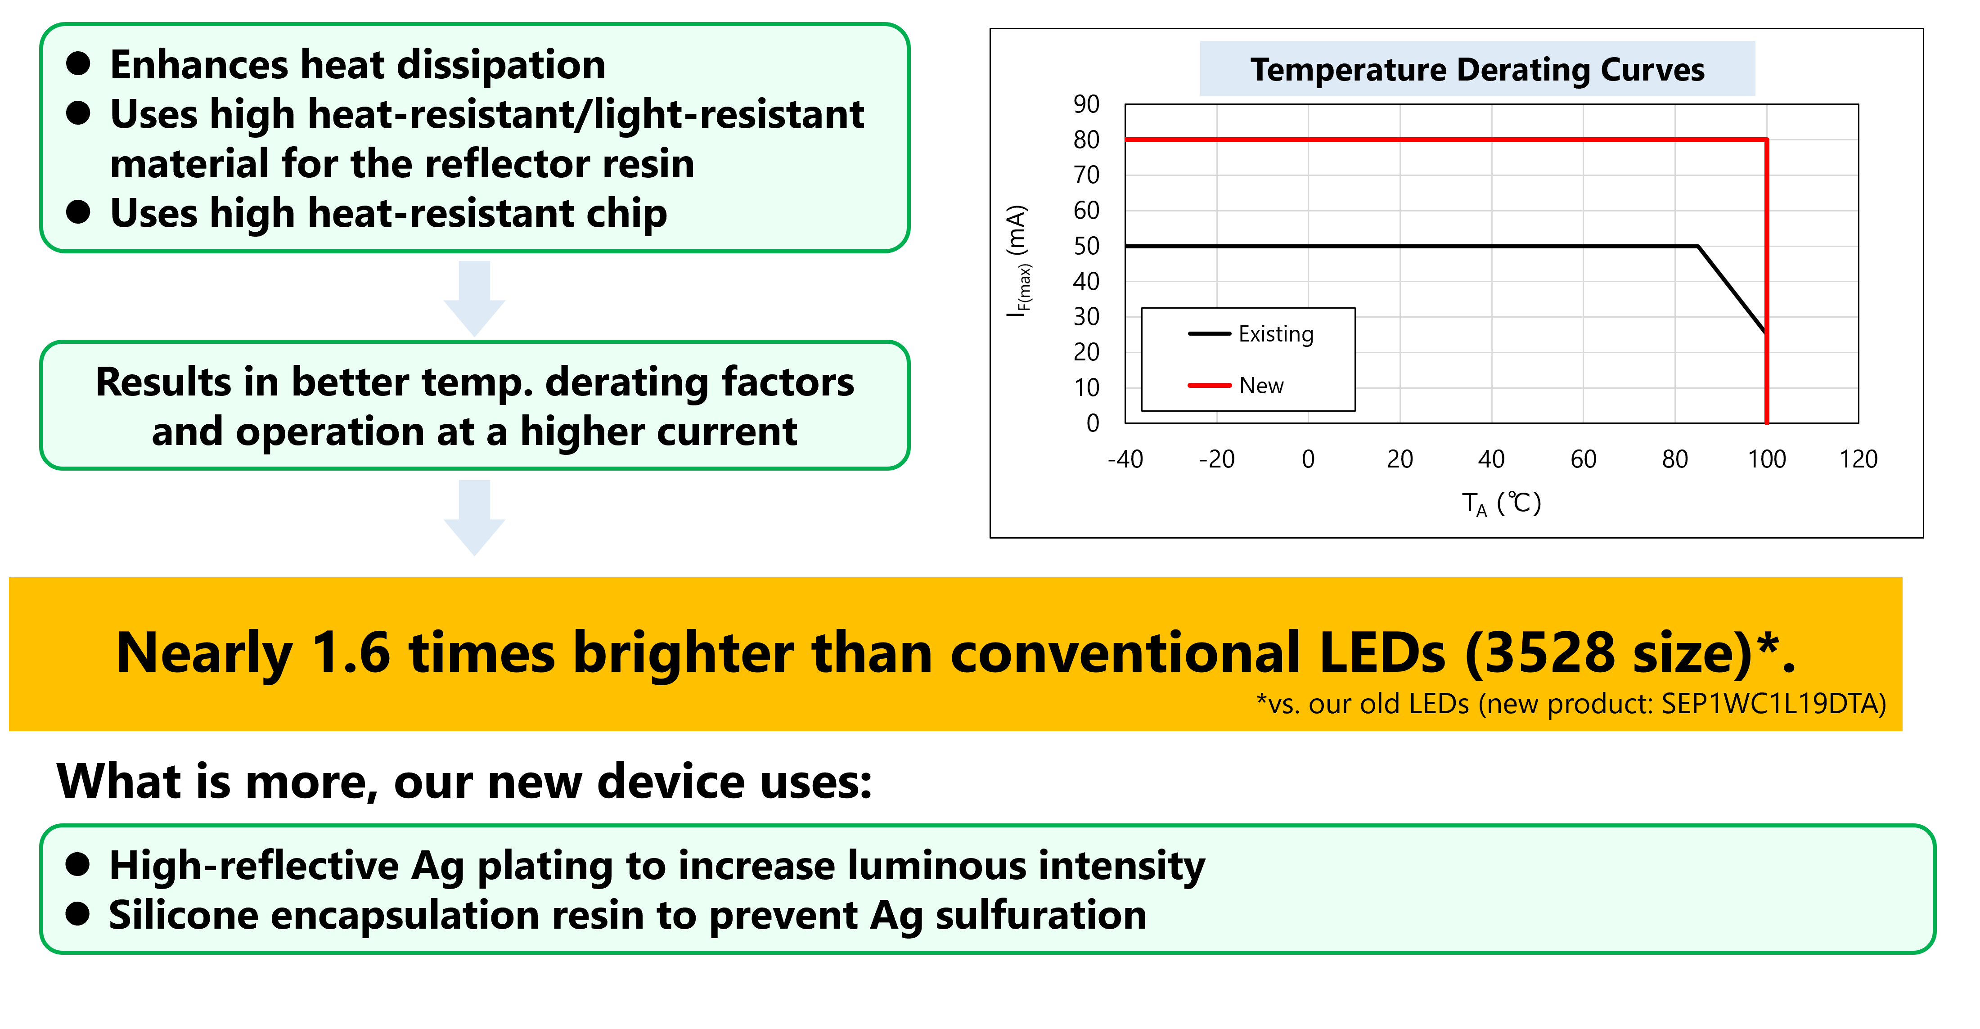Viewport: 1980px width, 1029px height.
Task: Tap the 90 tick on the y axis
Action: point(1086,104)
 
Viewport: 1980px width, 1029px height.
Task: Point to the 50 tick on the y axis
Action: point(1086,246)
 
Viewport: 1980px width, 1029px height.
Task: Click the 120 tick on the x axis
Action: point(1858,459)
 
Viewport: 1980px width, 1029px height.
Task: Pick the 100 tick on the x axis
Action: point(1766,459)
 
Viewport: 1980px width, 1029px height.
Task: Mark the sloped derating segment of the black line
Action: point(1732,289)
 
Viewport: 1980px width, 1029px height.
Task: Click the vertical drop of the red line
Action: point(1766,281)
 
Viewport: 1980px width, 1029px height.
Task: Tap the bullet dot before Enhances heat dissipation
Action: point(78,64)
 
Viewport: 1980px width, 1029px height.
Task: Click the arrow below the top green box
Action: point(474,298)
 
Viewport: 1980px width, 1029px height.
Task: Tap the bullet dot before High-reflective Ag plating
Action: point(78,864)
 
